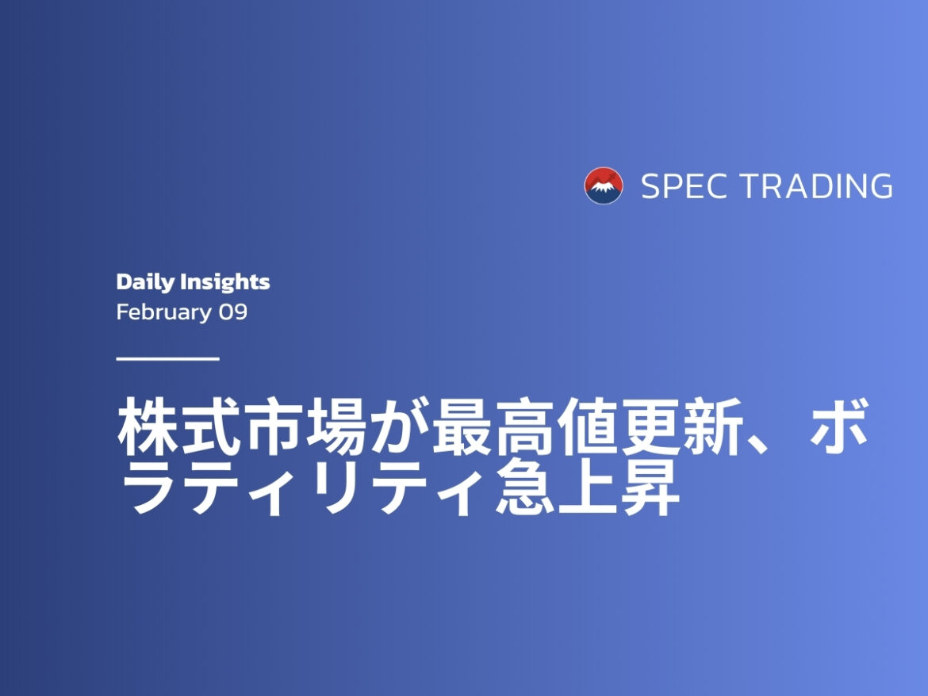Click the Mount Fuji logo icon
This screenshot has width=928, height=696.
click(x=604, y=186)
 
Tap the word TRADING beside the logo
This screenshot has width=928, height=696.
click(x=816, y=186)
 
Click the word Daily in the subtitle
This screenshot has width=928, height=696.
click(x=145, y=282)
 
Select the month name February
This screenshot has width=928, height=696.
click(x=163, y=312)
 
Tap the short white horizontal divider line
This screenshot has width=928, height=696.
click(x=167, y=358)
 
